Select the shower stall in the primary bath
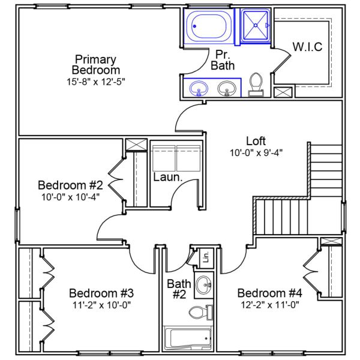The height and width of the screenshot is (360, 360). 256,26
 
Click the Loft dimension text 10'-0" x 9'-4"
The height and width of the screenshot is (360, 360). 256,152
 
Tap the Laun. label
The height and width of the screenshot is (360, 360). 164,178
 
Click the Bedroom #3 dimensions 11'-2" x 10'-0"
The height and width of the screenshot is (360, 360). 101,304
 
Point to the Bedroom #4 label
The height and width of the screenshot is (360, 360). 269,293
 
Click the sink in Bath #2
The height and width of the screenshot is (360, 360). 205,283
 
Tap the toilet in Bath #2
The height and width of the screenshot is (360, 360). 199,312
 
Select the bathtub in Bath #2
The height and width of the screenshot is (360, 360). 188,338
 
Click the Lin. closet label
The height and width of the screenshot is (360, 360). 206,257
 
